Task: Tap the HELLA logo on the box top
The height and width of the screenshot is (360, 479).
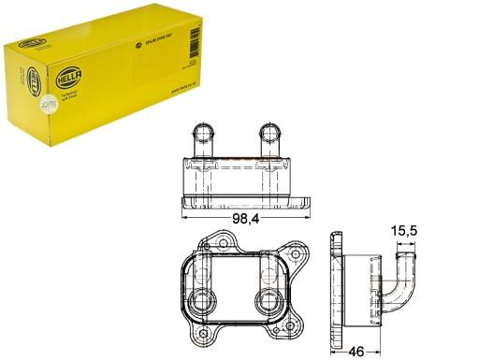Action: point(139,42)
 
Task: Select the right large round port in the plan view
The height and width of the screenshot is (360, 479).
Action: point(268,301)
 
